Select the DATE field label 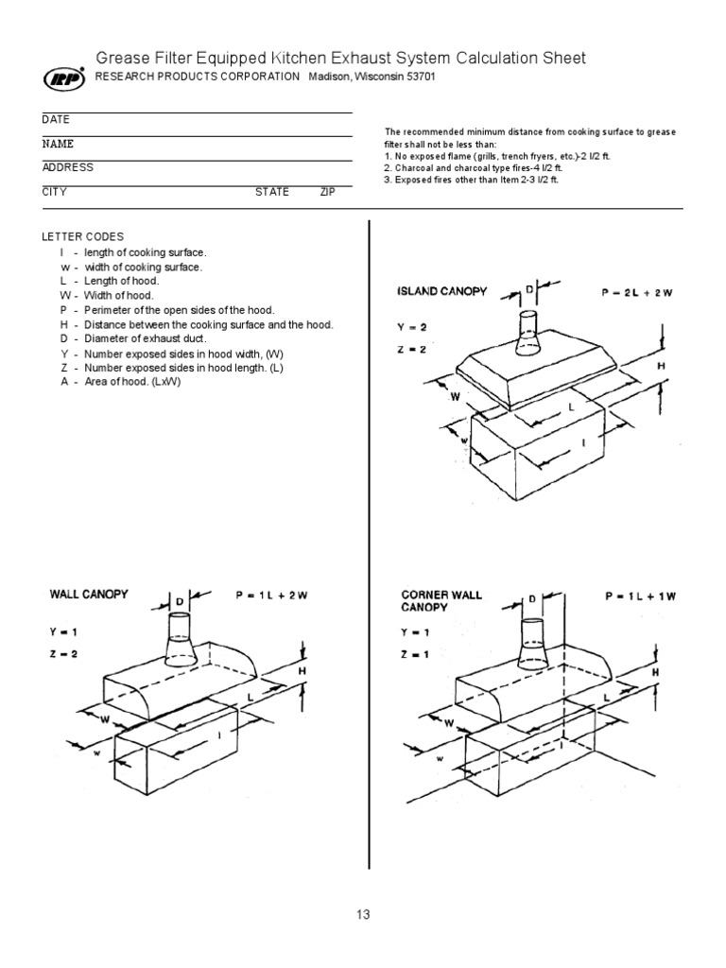tap(56, 120)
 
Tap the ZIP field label tap(327, 191)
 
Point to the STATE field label tap(272, 191)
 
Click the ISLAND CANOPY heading tap(441, 291)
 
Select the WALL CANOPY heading tap(88, 595)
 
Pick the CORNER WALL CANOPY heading tap(441, 601)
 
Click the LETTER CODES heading tap(82, 236)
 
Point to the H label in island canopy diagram tap(661, 365)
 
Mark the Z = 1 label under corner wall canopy tap(414, 652)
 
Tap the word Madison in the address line tap(330, 77)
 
